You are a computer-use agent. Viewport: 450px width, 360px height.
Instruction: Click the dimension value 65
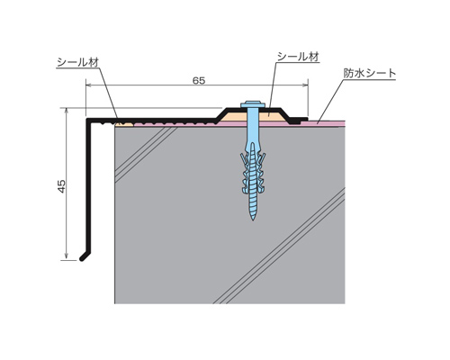tap(199, 80)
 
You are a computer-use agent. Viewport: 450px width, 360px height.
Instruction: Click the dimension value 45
tap(61, 186)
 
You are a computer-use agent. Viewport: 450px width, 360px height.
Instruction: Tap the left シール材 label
tap(77, 62)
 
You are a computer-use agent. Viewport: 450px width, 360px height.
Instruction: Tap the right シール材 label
tap(298, 57)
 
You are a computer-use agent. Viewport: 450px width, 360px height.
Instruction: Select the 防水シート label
tap(370, 73)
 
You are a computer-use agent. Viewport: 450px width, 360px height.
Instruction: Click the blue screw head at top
tap(253, 104)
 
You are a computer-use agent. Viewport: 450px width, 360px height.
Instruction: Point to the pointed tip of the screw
tap(253, 220)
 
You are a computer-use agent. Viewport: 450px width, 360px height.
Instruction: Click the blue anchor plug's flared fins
tap(253, 173)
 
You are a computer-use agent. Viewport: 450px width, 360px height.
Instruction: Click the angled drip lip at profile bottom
tap(85, 256)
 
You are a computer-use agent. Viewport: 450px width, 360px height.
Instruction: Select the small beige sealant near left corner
tap(124, 124)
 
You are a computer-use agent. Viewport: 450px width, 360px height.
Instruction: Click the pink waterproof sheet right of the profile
tap(323, 122)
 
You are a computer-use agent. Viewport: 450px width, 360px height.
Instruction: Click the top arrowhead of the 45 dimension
tap(67, 111)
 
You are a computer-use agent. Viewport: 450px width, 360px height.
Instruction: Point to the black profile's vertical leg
tap(89, 186)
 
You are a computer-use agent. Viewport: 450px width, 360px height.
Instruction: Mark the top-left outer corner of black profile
tap(87, 119)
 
